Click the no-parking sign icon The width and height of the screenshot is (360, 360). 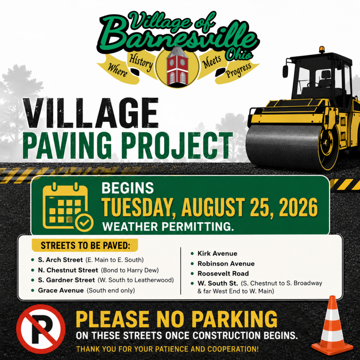click(41, 329)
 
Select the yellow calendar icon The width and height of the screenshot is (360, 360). click(68, 207)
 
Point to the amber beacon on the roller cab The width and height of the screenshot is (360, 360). click(322, 49)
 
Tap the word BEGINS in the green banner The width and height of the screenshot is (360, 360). click(128, 188)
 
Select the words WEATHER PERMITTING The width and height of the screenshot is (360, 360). click(168, 227)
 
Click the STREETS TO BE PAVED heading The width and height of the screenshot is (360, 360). click(85, 245)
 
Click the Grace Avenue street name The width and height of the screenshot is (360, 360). click(61, 290)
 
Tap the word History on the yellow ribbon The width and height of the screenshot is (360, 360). click(141, 62)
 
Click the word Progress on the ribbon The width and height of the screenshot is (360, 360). click(238, 70)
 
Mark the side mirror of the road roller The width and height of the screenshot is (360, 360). click(285, 71)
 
